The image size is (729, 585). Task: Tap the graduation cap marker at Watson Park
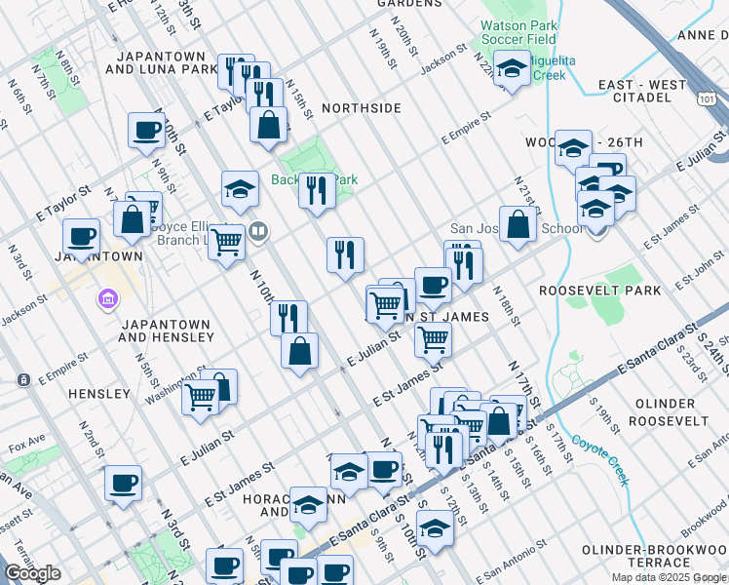coord(510,69)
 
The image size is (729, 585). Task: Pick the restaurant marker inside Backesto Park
coord(317,191)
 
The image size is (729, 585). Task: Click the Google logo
coord(32,573)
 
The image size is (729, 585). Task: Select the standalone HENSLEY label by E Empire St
coord(99,394)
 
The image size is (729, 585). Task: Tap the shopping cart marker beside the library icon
coord(227,241)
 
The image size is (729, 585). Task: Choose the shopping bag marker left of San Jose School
coord(518,224)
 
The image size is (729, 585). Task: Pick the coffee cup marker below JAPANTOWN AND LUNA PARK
coord(147,130)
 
